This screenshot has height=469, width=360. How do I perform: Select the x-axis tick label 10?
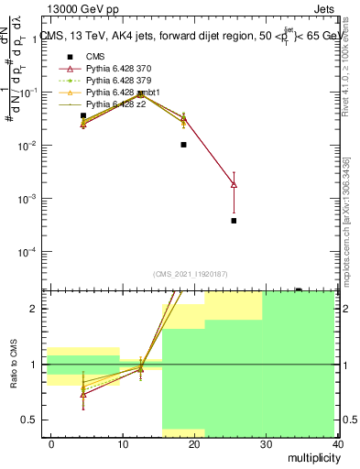tap(123, 443)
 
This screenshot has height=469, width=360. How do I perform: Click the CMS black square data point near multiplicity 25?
tap(234, 221)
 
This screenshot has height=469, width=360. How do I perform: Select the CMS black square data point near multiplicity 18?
tap(184, 145)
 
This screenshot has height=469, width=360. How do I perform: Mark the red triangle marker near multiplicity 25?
tap(234, 185)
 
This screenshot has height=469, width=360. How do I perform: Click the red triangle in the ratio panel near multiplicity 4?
tap(83, 395)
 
